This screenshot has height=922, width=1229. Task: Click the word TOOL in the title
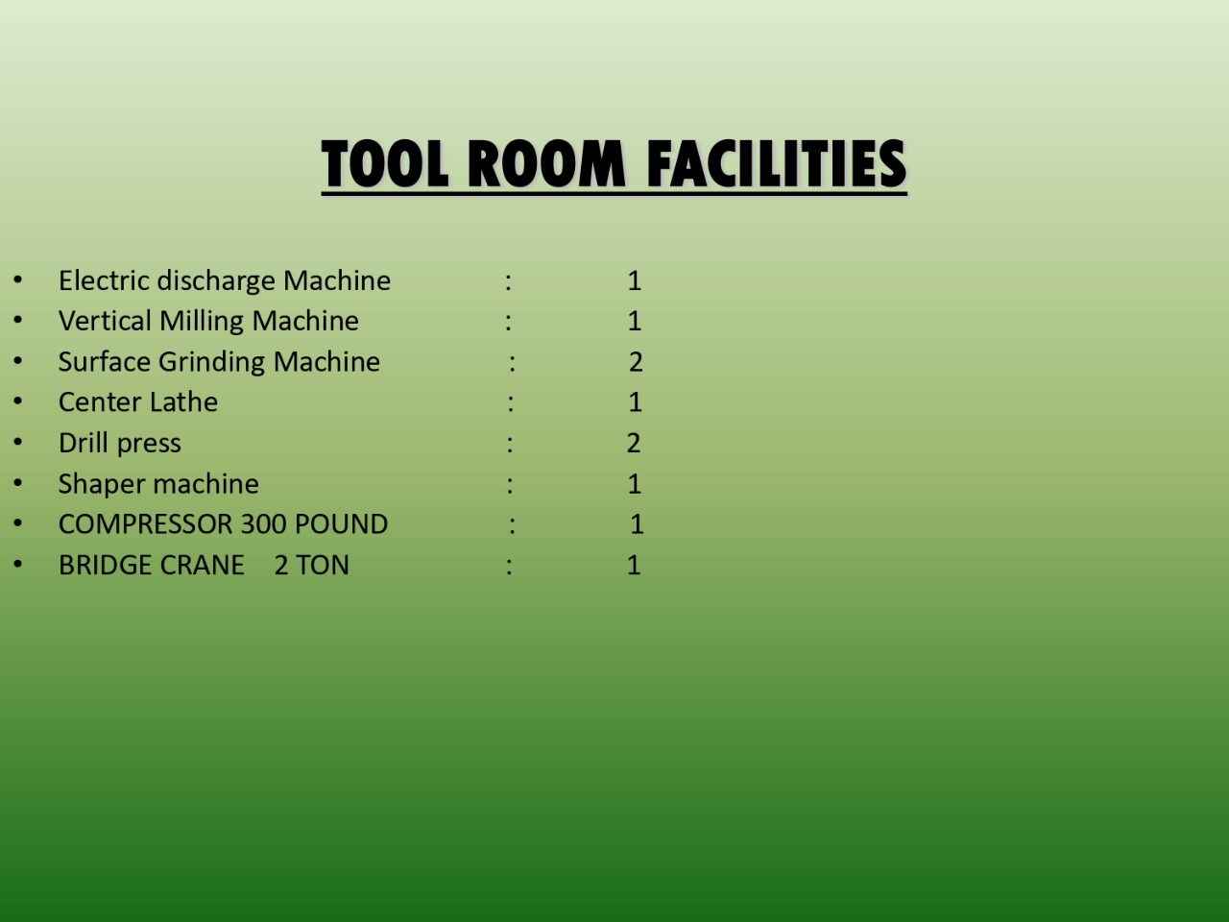click(x=385, y=163)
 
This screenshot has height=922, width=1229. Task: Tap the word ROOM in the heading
click(x=546, y=163)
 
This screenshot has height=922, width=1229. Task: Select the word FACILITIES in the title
click(x=776, y=163)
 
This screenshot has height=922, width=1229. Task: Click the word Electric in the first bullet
click(x=104, y=279)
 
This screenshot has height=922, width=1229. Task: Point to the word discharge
click(x=216, y=281)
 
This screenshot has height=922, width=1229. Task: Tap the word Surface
click(x=105, y=362)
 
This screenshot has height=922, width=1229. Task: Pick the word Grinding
click(x=211, y=363)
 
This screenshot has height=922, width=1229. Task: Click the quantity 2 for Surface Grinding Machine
click(x=636, y=362)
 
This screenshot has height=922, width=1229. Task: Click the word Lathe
click(x=183, y=402)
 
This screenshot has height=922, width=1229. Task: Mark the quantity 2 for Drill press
click(x=634, y=444)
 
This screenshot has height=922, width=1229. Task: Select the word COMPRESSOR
click(x=146, y=524)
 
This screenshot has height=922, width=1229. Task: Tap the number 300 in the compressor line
click(x=263, y=524)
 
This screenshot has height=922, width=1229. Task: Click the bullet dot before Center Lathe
click(x=18, y=400)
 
